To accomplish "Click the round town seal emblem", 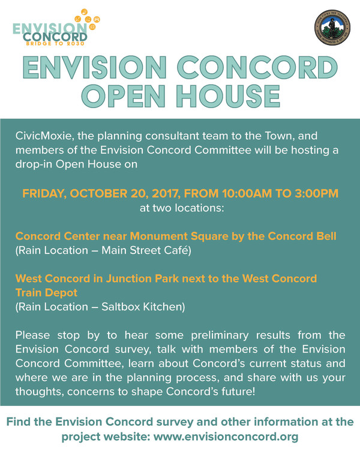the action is pyautogui.click(x=332, y=28).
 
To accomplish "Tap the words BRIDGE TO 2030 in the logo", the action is pyautogui.click(x=55, y=44).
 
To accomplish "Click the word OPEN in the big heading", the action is pyautogui.click(x=123, y=96).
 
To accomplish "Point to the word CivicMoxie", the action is pyautogui.click(x=44, y=136).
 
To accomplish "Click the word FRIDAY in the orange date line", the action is pyautogui.click(x=44, y=194).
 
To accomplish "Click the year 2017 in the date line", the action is pyautogui.click(x=166, y=194).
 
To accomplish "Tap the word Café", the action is pyautogui.click(x=178, y=250).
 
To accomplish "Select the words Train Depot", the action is pyautogui.click(x=46, y=293).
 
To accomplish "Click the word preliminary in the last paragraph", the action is pyautogui.click(x=220, y=336).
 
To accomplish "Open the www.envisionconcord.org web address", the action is pyautogui.click(x=226, y=437).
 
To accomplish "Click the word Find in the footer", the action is pyautogui.click(x=19, y=422).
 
